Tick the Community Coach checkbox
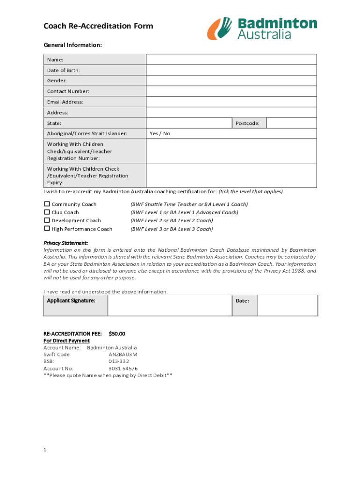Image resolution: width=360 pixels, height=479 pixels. (x=47, y=204)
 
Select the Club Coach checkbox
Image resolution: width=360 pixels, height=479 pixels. (x=47, y=212)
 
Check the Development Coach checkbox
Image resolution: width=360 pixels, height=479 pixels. (x=47, y=220)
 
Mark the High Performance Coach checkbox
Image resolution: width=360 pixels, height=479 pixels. (x=47, y=228)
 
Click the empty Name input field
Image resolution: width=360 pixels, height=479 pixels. (x=231, y=59)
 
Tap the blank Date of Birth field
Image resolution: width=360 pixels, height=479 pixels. (x=231, y=70)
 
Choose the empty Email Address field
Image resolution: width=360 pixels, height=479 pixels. (x=231, y=102)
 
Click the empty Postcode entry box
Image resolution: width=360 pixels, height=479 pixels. (x=291, y=123)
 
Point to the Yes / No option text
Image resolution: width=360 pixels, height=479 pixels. (x=160, y=134)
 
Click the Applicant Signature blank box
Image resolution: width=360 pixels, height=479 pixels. (x=170, y=305)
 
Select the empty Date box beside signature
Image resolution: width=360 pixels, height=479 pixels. (x=287, y=305)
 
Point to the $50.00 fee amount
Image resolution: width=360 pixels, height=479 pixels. (x=117, y=334)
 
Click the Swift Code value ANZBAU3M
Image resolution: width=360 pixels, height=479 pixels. (x=123, y=355)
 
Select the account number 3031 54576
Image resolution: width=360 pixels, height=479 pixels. (x=123, y=369)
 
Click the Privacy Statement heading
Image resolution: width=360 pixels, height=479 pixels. (x=65, y=243)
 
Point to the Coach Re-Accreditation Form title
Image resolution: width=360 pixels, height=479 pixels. (x=98, y=26)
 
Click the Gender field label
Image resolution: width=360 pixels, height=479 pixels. (x=57, y=81)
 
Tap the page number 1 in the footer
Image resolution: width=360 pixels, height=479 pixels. (x=45, y=450)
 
